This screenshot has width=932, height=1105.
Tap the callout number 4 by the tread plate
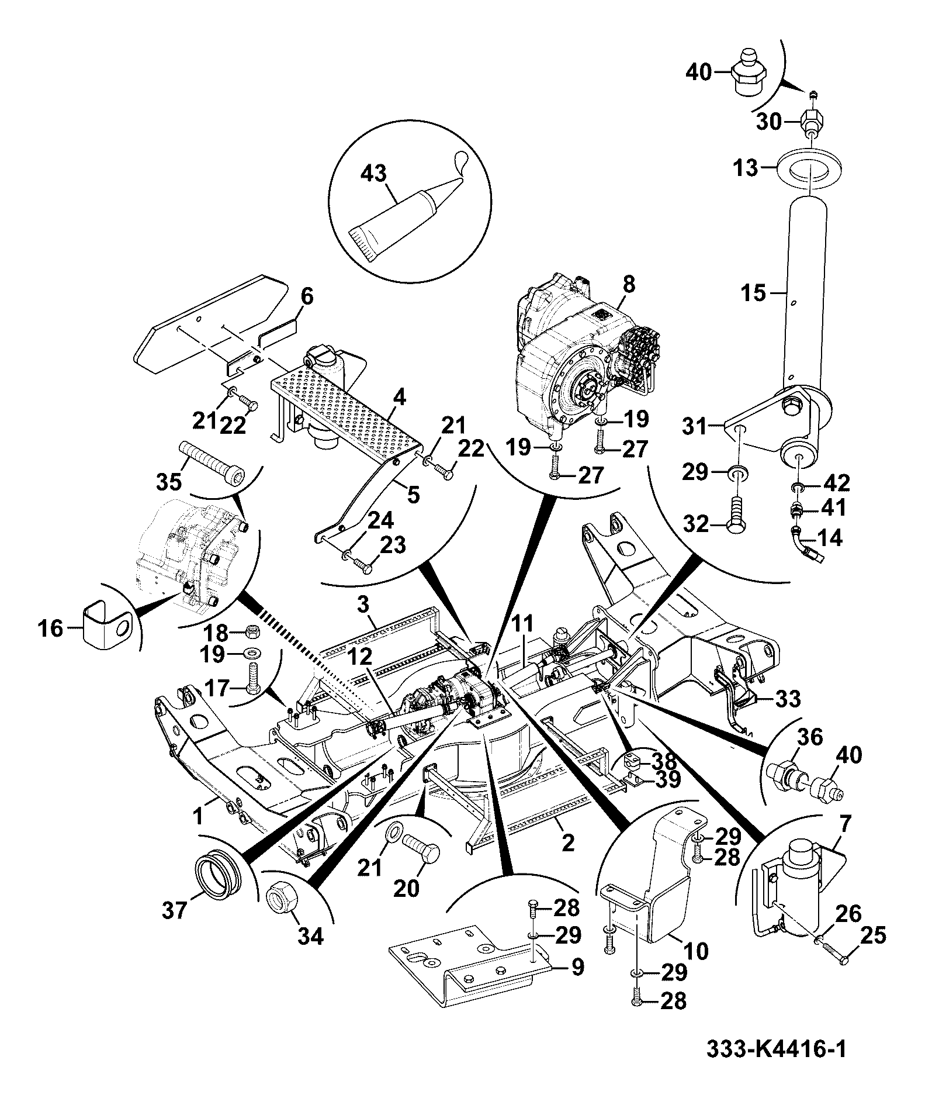399,398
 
